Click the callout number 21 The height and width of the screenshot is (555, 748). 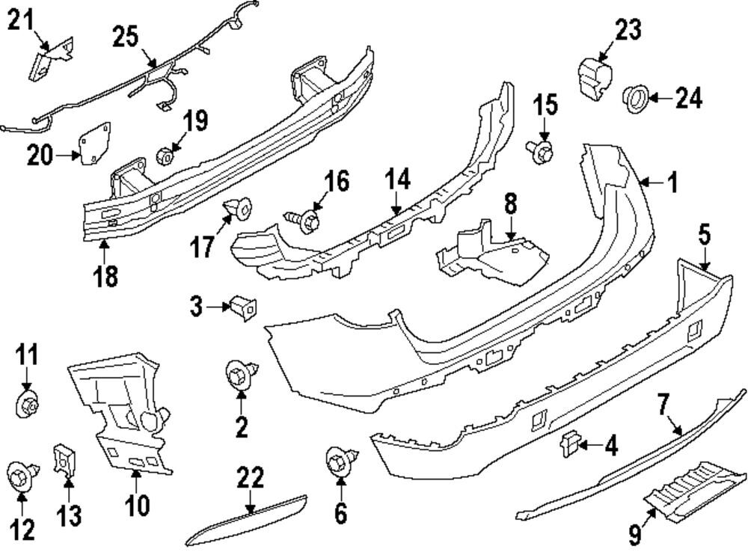pos(22,20)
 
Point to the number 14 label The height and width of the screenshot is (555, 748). pos(399,180)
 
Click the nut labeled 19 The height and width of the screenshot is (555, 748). pos(165,157)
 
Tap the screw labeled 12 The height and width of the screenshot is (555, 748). pos(20,474)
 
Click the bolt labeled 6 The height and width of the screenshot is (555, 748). pos(341,459)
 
